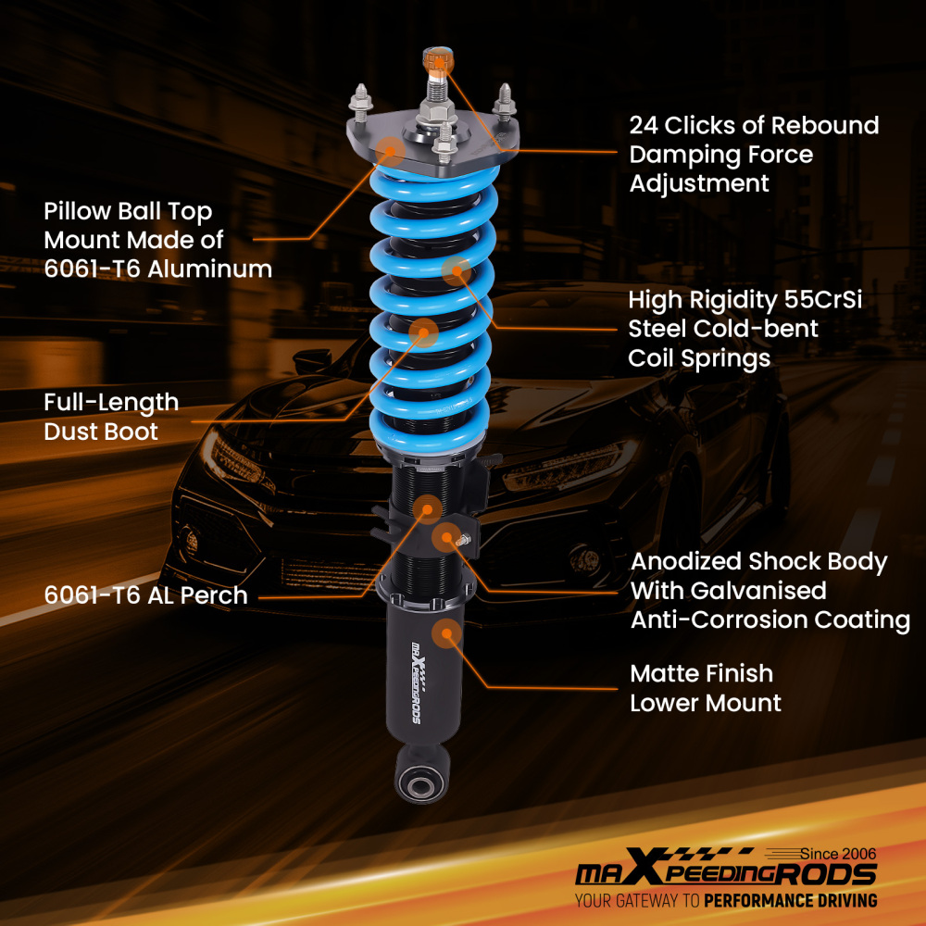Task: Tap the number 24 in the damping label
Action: click(645, 125)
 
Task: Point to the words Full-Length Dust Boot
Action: click(111, 417)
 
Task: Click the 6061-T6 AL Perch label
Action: click(145, 595)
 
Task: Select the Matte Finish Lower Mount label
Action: click(705, 688)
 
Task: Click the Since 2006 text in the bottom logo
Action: click(839, 853)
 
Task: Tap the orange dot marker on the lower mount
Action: click(448, 633)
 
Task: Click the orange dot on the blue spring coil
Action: click(455, 270)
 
